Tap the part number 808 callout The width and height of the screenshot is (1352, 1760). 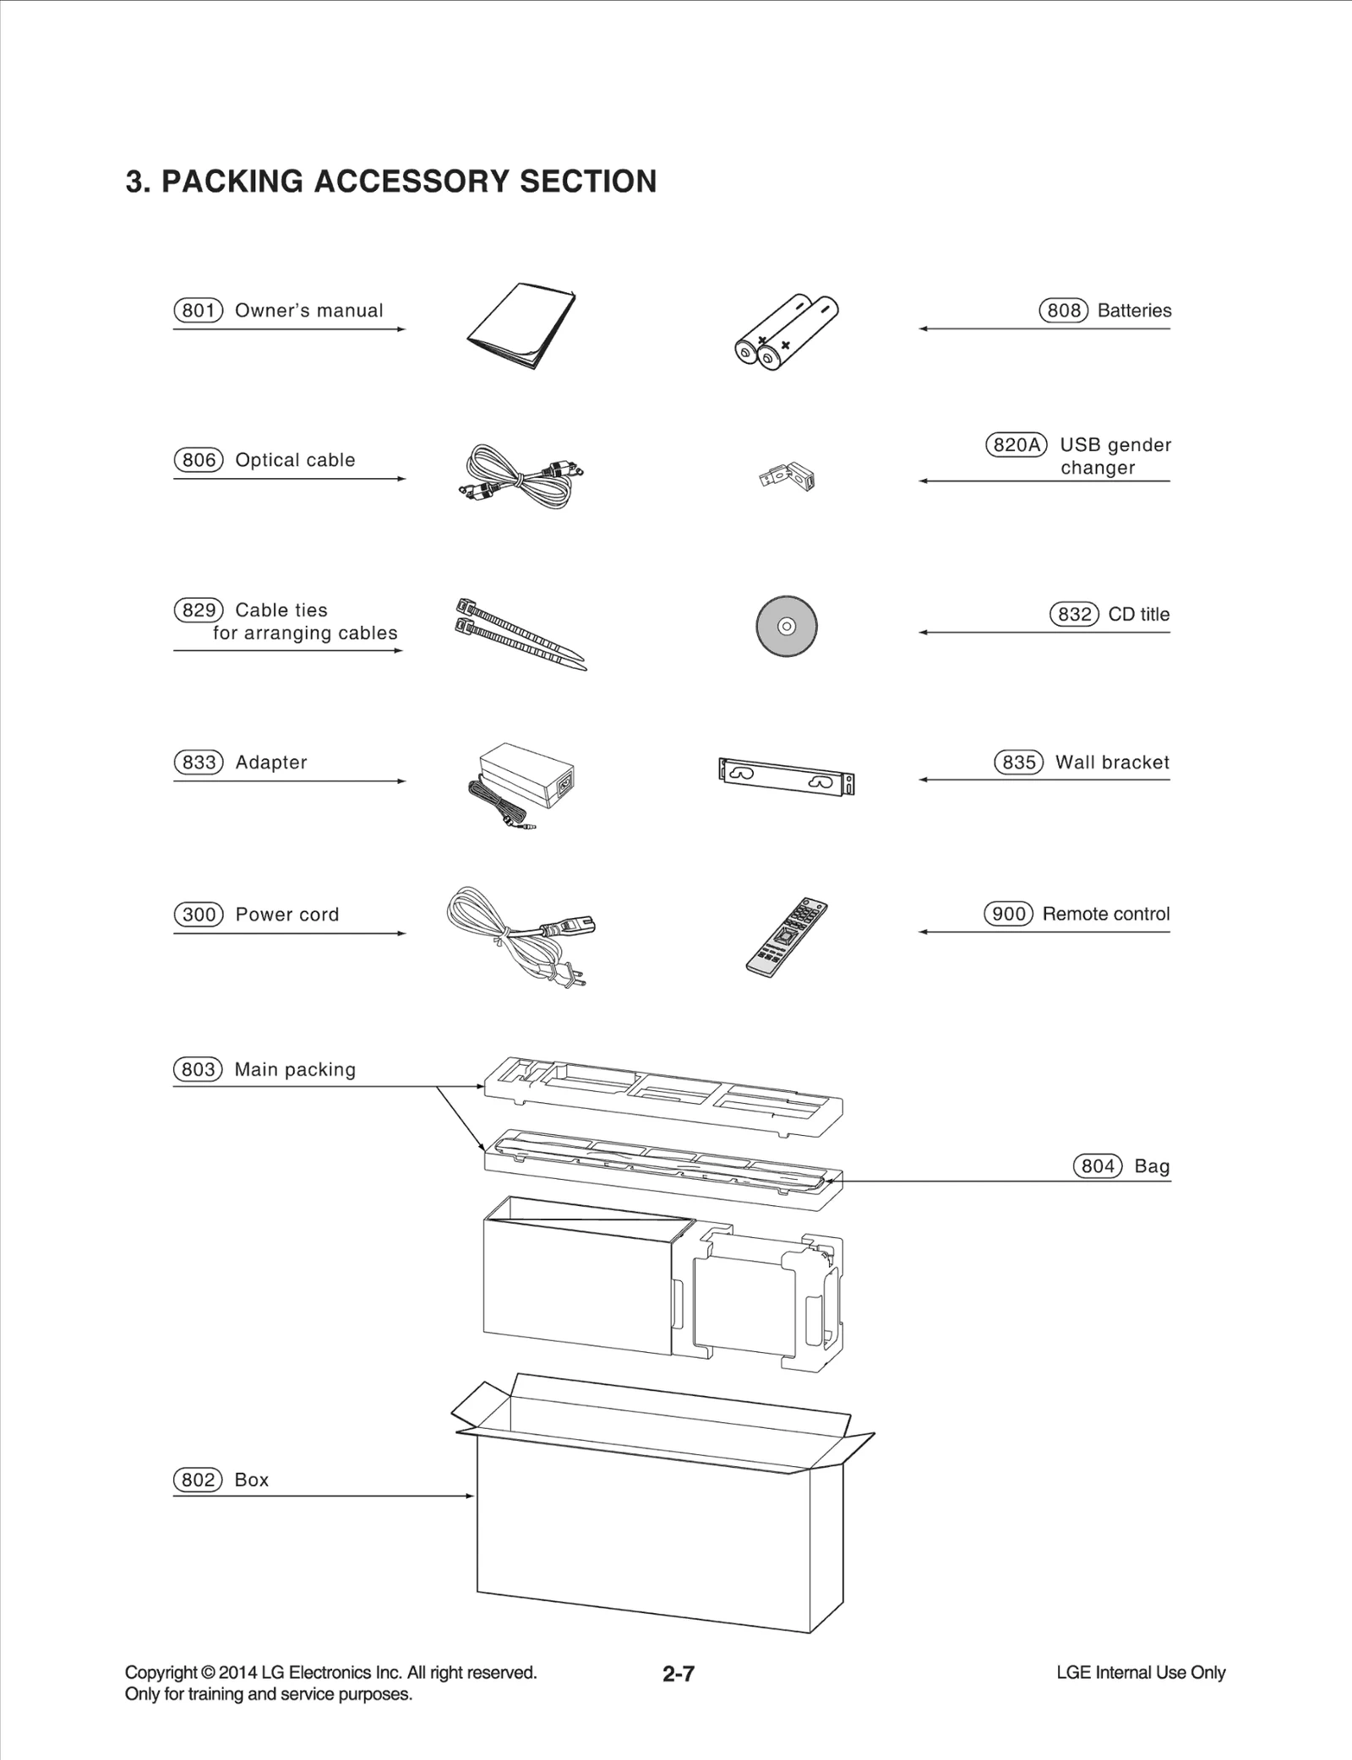click(1063, 311)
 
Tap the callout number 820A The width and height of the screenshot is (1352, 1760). click(1016, 445)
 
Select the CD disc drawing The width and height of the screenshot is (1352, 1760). click(786, 627)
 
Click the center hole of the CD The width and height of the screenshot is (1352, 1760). click(786, 627)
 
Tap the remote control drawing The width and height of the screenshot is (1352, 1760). click(787, 937)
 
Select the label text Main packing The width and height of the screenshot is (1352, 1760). click(295, 1070)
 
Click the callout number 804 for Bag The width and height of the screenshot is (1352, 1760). click(1097, 1166)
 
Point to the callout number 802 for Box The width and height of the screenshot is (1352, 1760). click(198, 1480)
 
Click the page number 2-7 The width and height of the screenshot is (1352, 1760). click(679, 1673)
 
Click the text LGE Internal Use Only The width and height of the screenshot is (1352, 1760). click(1140, 1672)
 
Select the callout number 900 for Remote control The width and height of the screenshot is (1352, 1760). click(1008, 914)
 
